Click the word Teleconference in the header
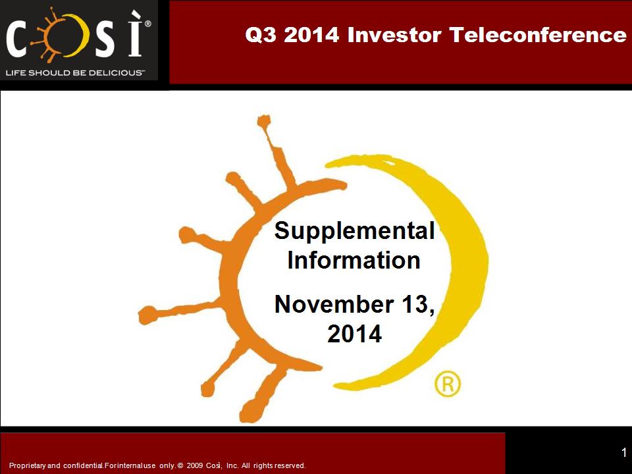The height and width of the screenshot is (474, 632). point(538,35)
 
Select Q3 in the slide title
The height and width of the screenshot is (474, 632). point(261,35)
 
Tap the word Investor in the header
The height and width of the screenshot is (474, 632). point(394,35)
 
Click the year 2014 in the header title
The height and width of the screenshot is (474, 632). point(311,35)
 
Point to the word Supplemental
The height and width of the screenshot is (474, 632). point(354,231)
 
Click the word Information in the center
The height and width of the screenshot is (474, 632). point(354,260)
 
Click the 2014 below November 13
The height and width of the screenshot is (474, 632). point(354,334)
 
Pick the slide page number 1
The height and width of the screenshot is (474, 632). point(624,452)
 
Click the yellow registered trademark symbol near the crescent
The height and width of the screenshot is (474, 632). point(448,384)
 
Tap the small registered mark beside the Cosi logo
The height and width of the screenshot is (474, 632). point(148,24)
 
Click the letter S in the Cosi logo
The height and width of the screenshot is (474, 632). point(105,40)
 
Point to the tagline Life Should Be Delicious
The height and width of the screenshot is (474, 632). point(74,73)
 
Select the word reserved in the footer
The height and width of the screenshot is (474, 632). point(290,465)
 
